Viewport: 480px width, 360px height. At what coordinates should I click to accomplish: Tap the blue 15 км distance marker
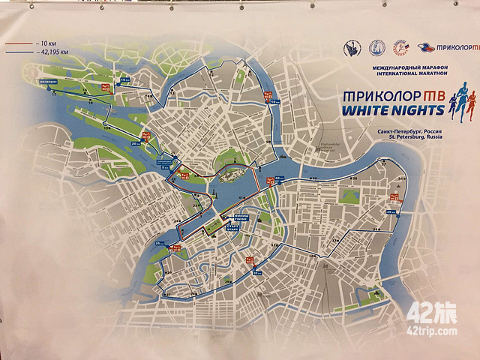[124, 80]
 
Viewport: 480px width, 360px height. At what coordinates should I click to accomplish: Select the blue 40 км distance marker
[279, 178]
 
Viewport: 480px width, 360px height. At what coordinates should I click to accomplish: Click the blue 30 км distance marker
[257, 273]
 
